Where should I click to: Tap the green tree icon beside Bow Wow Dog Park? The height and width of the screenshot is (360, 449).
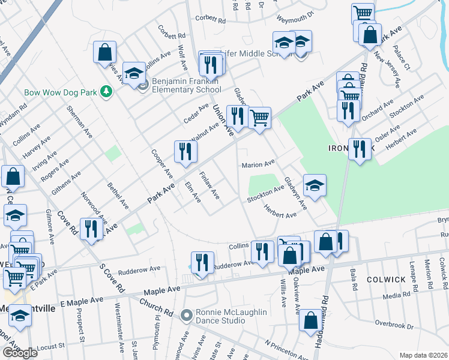(x=107, y=91)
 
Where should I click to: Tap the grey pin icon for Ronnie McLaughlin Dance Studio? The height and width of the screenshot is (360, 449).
(x=187, y=314)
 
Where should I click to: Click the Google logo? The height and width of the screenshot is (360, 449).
(x=20, y=353)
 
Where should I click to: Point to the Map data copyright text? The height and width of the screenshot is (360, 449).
(x=423, y=355)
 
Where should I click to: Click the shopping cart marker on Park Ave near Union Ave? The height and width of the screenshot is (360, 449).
(x=259, y=118)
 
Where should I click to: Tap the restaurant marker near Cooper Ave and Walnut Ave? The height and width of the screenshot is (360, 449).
(x=185, y=152)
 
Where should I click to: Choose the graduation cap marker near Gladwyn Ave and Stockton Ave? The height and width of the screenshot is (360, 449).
(x=315, y=186)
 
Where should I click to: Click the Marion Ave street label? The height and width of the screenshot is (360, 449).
(x=258, y=163)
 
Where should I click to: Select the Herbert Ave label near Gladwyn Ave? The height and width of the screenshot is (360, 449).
(x=280, y=211)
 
